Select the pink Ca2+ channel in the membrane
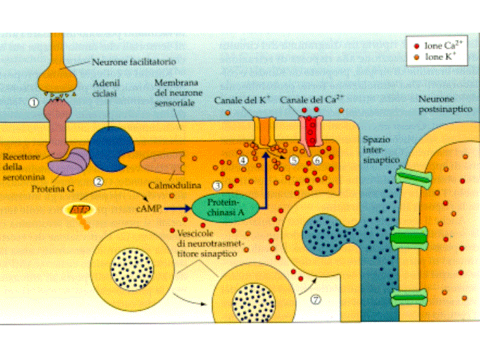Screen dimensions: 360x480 coord(313,130)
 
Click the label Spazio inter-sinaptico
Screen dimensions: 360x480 coord(381,151)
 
